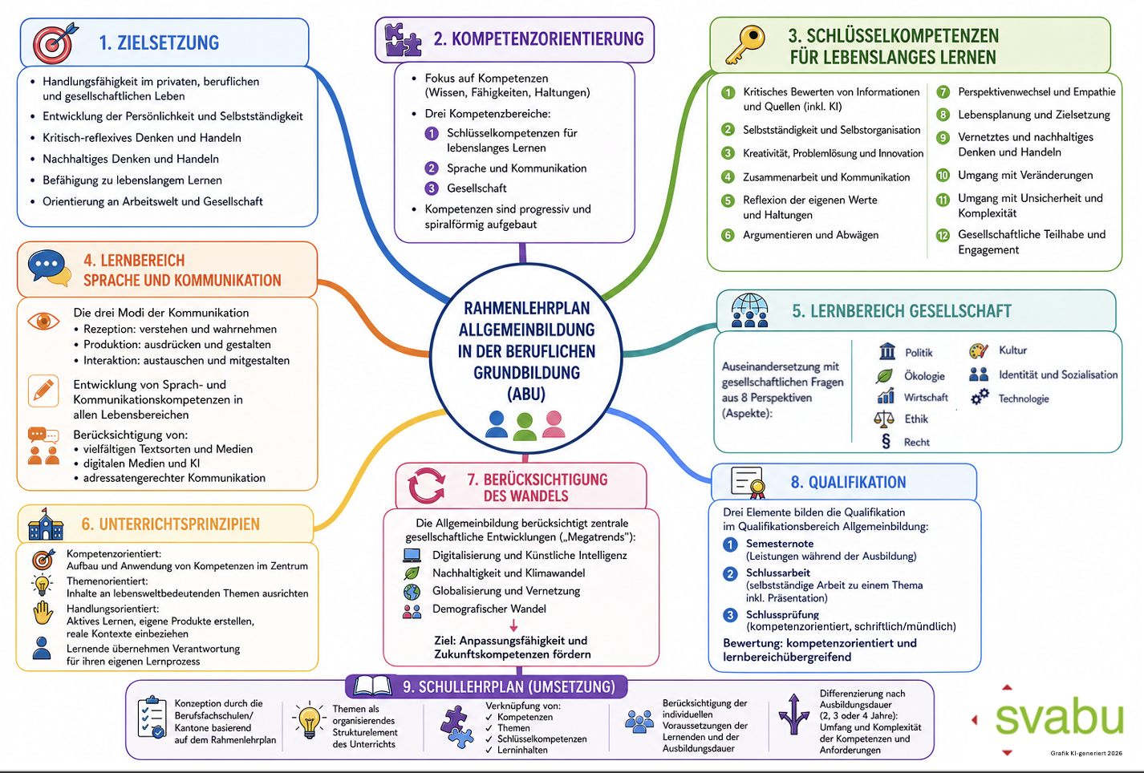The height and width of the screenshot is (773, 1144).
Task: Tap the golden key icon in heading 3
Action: tap(745, 45)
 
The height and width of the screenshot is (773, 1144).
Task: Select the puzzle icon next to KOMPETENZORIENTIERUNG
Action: tap(404, 40)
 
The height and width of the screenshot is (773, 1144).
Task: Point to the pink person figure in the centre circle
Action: tap(554, 424)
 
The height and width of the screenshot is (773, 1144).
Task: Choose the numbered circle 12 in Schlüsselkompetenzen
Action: tap(943, 236)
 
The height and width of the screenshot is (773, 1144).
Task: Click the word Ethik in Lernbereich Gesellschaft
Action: tap(916, 419)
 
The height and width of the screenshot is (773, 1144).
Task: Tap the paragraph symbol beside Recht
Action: tap(886, 441)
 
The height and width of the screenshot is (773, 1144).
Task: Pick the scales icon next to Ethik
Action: tap(884, 419)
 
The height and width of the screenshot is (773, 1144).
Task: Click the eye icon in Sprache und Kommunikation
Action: tap(43, 321)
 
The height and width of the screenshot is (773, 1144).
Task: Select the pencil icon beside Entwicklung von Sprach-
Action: tap(43, 391)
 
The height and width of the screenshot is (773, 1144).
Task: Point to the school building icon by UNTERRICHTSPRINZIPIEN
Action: tap(46, 524)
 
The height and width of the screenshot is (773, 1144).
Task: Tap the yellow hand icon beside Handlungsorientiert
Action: tap(43, 613)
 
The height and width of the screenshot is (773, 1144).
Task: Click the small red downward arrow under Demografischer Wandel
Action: tap(513, 625)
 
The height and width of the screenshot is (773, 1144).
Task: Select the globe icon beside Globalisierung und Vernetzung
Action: tap(412, 592)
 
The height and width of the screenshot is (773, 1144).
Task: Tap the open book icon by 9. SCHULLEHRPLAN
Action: tap(373, 686)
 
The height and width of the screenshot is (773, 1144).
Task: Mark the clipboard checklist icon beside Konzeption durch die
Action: tap(152, 718)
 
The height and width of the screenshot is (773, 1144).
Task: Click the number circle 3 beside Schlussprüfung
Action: tap(730, 615)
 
